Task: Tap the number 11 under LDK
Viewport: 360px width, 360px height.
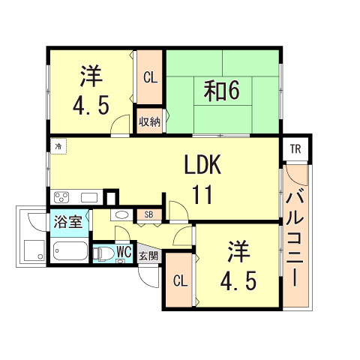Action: [x=202, y=195]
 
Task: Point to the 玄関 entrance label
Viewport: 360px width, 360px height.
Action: [x=148, y=256]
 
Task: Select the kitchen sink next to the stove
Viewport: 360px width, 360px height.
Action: [x=88, y=198]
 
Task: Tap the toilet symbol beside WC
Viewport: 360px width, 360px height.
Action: [x=102, y=253]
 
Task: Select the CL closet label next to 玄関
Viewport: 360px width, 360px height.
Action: [x=178, y=281]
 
